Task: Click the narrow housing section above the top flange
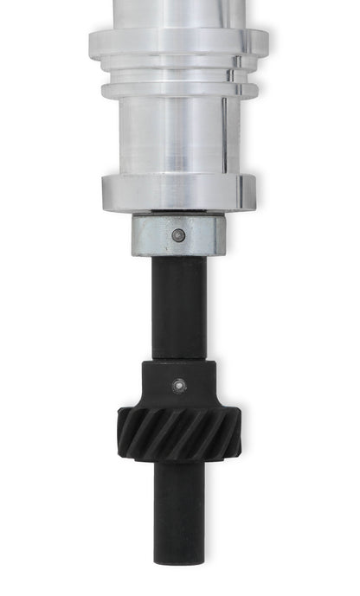click(x=177, y=13)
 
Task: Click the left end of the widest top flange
click(x=92, y=43)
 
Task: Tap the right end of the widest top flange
click(x=263, y=43)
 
